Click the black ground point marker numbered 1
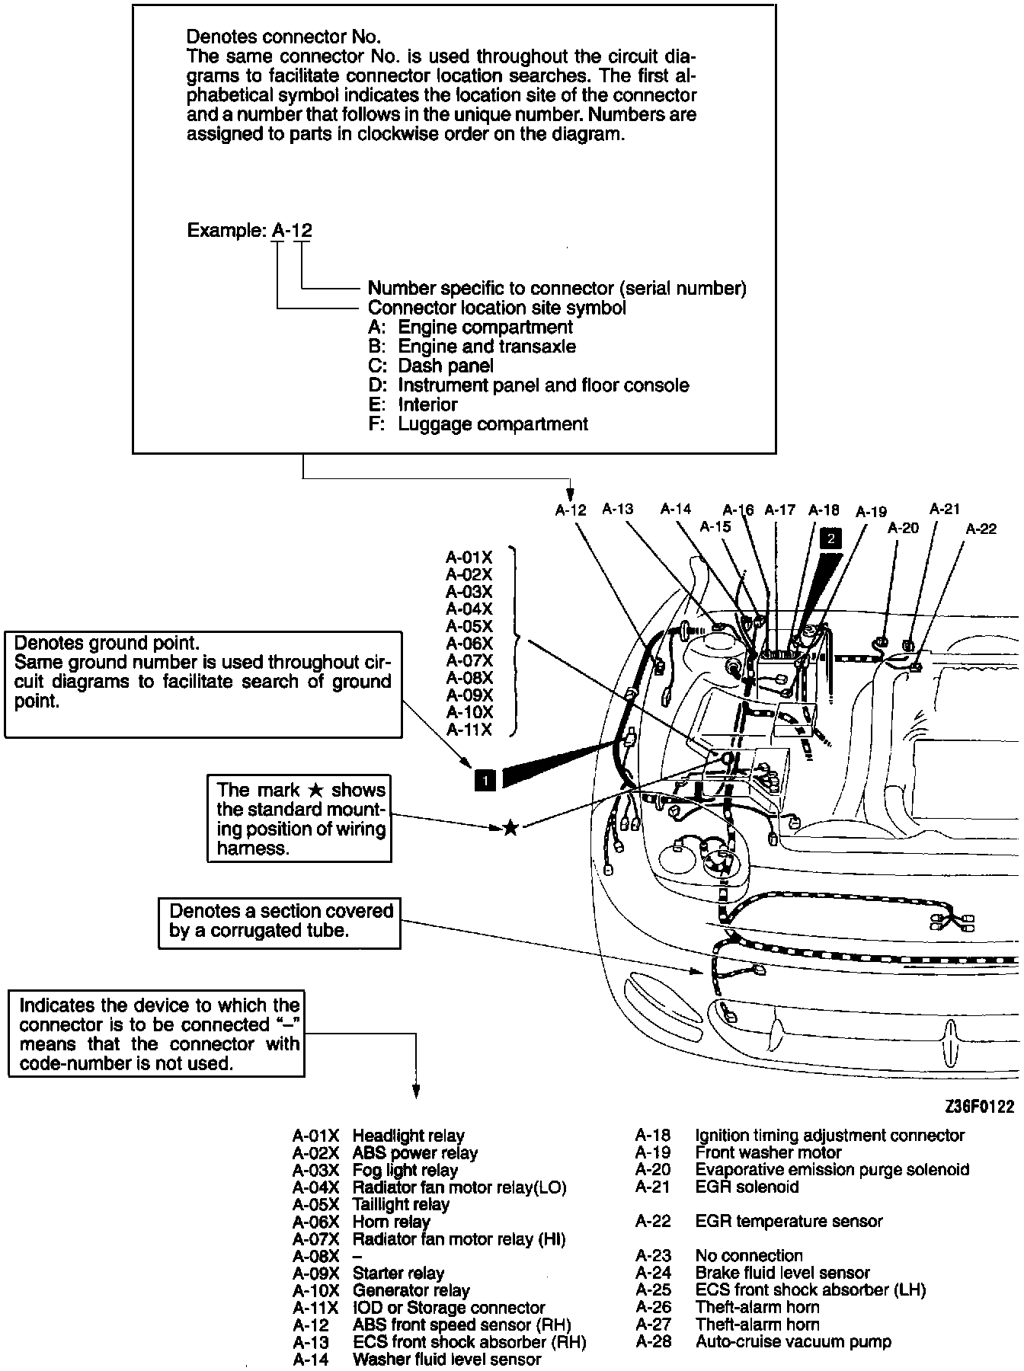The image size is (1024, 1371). pyautogui.click(x=485, y=779)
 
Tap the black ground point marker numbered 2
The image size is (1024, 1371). pyautogui.click(x=830, y=538)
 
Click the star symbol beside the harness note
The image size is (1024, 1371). pyautogui.click(x=510, y=827)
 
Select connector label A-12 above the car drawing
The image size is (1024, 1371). pyautogui.click(x=571, y=510)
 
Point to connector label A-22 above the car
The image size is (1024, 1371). pyautogui.click(x=981, y=529)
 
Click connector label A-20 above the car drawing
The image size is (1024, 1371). pyautogui.click(x=904, y=527)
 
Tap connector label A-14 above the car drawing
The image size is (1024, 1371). pyautogui.click(x=676, y=509)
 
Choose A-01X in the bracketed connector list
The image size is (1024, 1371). pyautogui.click(x=469, y=558)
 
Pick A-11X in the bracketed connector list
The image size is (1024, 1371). pyautogui.click(x=469, y=730)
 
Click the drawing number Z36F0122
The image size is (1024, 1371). pyautogui.click(x=980, y=1107)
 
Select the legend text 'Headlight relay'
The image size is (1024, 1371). pyautogui.click(x=408, y=1136)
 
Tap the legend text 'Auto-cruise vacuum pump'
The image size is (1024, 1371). pyautogui.click(x=793, y=1341)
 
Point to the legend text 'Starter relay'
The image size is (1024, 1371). pyautogui.click(x=398, y=1273)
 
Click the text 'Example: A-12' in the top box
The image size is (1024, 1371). pyautogui.click(x=249, y=231)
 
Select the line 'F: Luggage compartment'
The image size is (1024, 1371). pyautogui.click(x=478, y=423)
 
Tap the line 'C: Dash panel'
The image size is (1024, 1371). pyautogui.click(x=430, y=366)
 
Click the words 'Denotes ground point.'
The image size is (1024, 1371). pyautogui.click(x=107, y=644)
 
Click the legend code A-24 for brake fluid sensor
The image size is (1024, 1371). pyautogui.click(x=653, y=1273)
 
